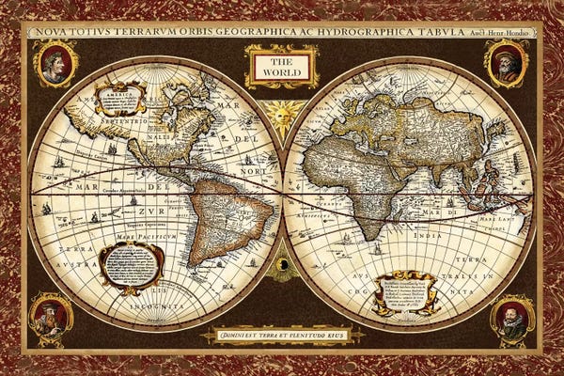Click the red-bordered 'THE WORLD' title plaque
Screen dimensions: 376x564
pos(269,67)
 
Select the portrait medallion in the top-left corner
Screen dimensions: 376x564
pos(55,64)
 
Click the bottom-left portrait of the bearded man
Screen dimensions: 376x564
pos(51,317)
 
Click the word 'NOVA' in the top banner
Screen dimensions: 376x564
pos(53,31)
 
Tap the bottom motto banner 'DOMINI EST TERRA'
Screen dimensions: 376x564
pos(281,334)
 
